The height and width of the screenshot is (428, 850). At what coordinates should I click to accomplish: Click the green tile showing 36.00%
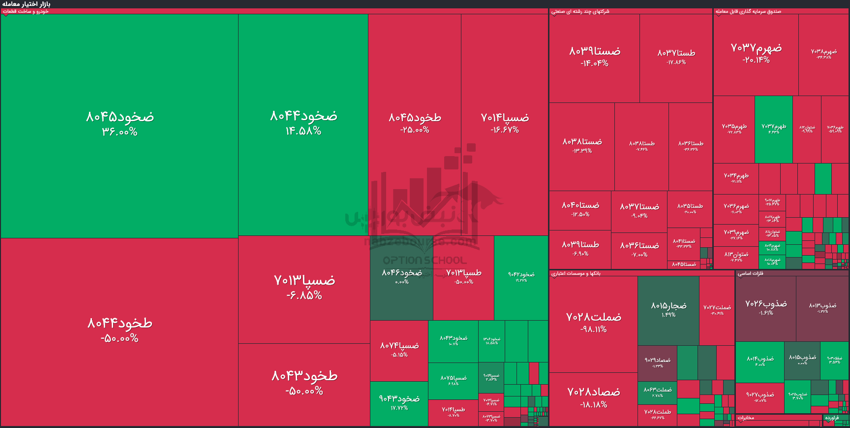(120, 124)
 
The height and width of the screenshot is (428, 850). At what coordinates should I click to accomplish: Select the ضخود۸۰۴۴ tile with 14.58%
(303, 123)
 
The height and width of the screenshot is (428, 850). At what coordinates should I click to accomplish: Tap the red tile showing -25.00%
(415, 123)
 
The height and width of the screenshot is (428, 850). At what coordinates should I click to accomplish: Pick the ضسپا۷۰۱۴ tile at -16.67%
(505, 123)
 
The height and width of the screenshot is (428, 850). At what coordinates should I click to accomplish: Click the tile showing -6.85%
(304, 288)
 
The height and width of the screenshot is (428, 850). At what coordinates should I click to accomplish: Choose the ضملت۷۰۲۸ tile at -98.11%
(593, 323)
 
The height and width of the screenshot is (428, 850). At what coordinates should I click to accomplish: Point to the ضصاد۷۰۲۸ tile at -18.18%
(593, 398)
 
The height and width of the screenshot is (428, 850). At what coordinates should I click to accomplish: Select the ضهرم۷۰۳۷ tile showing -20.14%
(756, 53)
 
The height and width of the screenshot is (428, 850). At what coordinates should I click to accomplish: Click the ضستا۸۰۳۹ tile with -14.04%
(594, 57)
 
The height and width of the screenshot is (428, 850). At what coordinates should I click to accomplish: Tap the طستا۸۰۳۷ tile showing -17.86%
(676, 57)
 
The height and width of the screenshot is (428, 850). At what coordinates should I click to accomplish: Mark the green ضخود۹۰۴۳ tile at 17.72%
(399, 403)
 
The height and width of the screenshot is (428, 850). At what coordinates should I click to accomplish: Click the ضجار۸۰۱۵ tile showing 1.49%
(668, 309)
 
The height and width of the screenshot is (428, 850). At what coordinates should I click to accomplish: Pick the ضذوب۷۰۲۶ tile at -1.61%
(765, 308)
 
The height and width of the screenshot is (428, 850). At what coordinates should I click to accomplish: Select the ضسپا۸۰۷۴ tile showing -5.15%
(399, 350)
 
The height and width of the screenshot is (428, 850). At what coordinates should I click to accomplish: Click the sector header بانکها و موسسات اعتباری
(576, 273)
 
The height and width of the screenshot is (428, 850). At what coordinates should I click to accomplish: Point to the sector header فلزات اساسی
(750, 273)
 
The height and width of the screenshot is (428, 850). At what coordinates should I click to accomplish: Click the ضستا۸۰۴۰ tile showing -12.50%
(580, 209)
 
